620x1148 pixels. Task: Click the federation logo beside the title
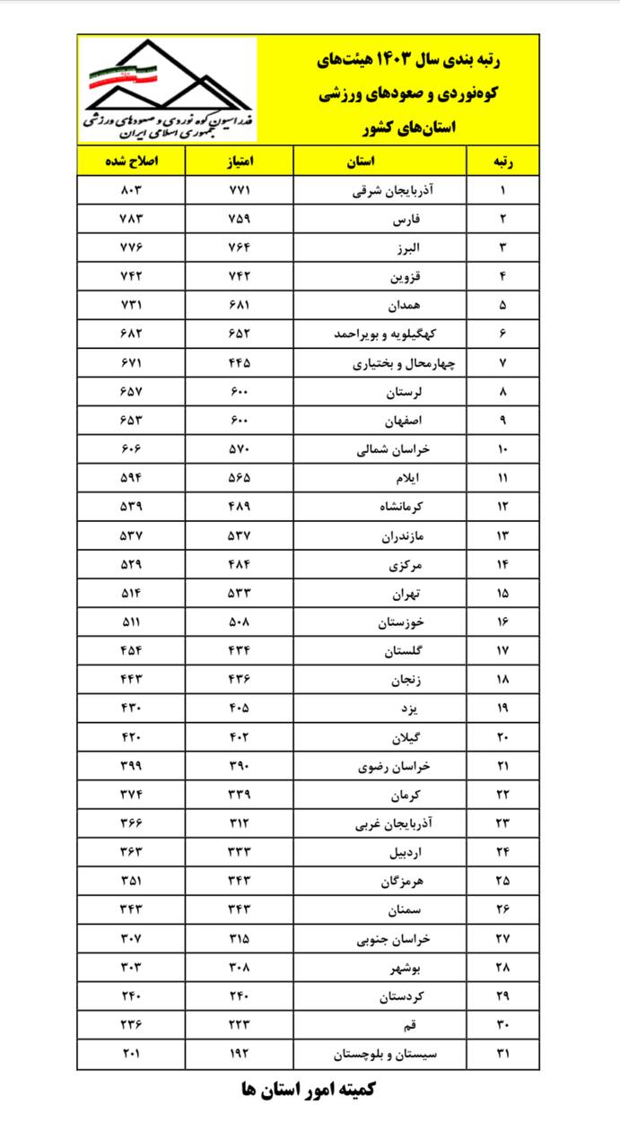[168, 89]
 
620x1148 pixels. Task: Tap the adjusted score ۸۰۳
[131, 190]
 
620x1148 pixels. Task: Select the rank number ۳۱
[503, 1053]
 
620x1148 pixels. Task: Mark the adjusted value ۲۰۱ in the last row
[131, 1053]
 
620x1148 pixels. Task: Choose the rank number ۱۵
[503, 593]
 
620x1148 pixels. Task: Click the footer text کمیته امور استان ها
[309, 1091]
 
